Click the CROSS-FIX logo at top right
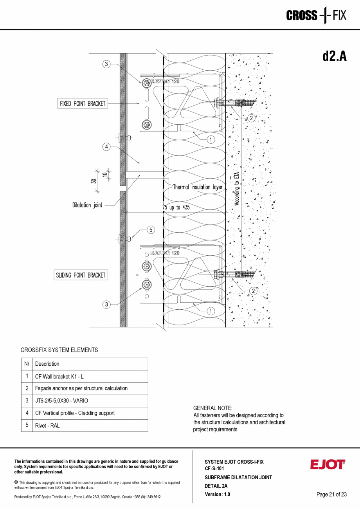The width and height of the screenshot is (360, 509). tap(316, 16)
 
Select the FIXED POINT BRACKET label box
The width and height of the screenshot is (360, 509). tap(83, 103)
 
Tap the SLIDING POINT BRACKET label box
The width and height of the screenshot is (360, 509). tap(80, 275)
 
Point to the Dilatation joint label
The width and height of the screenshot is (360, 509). tap(87, 205)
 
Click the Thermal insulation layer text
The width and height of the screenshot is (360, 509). tap(198, 187)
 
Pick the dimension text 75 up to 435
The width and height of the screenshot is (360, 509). tap(176, 208)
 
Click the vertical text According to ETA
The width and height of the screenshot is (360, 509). tap(237, 186)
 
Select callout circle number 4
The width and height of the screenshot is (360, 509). tap(106, 147)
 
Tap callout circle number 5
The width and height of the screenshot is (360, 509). tap(151, 230)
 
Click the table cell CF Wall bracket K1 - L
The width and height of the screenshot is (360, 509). tap(59, 376)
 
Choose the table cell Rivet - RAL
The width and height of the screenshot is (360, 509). tap(47, 426)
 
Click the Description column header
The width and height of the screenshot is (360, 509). tap(47, 364)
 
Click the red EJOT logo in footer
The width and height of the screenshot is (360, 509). tap(328, 464)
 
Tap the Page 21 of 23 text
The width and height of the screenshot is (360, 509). tap(331, 495)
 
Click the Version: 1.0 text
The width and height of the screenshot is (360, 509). tap(217, 494)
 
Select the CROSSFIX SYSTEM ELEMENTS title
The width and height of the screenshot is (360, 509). tap(59, 350)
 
